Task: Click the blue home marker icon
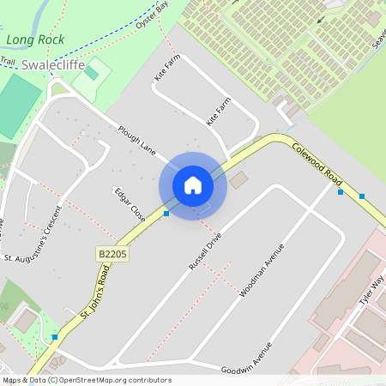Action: point(193,185)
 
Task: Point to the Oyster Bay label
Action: point(152,18)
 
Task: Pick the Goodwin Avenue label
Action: point(246,359)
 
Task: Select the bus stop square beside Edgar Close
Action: point(166,213)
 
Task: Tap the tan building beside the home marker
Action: point(238,179)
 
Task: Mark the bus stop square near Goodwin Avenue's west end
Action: point(55,337)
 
